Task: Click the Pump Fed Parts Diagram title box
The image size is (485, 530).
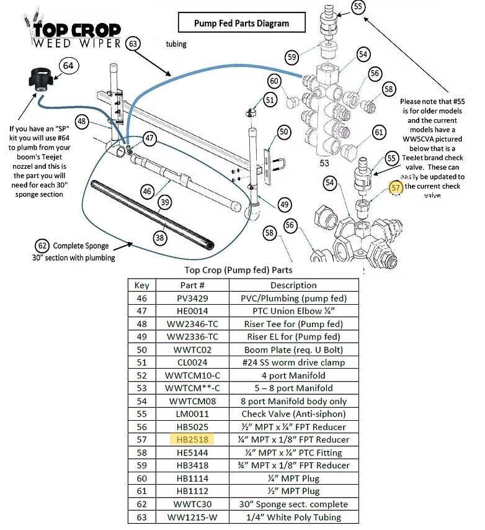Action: (241, 24)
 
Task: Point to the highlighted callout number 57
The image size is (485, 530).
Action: (396, 186)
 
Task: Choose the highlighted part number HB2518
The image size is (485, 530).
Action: (192, 439)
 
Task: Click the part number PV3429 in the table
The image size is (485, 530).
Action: (192, 298)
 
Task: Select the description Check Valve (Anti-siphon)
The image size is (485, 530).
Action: (294, 414)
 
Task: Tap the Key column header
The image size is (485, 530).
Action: (141, 285)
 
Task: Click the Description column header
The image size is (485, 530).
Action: (294, 285)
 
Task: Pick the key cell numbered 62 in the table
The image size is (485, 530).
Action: (141, 504)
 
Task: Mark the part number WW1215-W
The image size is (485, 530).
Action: (192, 517)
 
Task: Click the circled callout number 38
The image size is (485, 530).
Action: (161, 236)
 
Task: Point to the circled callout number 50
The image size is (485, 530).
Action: (283, 132)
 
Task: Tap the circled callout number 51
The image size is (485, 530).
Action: (269, 99)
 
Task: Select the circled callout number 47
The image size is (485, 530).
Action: (149, 138)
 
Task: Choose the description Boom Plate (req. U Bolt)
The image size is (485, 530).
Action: (294, 349)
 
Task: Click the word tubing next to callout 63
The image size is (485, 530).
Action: (176, 44)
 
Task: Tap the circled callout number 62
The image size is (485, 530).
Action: (42, 245)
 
